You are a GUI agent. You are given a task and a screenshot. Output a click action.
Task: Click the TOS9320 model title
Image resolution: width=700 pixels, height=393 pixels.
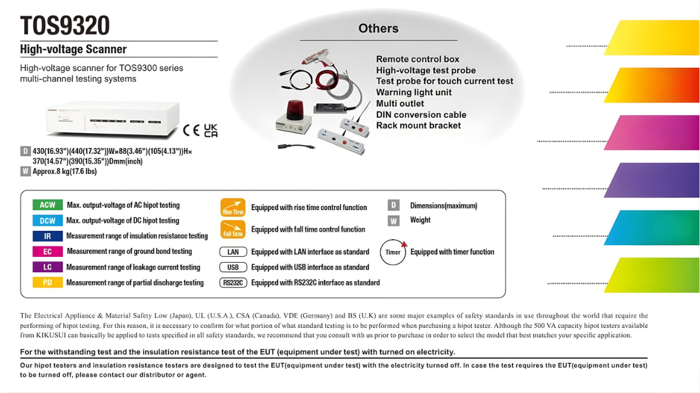point(65,26)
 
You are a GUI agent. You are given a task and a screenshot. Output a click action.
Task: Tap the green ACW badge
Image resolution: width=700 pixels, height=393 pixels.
point(47,205)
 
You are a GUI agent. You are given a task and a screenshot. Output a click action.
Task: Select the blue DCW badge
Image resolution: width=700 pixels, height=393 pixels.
point(47,221)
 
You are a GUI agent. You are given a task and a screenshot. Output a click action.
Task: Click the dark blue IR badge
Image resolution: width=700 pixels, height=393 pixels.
point(47,236)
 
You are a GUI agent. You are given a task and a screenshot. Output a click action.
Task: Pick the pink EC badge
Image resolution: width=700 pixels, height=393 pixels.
point(47,252)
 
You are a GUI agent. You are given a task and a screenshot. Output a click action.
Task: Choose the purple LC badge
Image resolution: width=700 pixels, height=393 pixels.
point(47,267)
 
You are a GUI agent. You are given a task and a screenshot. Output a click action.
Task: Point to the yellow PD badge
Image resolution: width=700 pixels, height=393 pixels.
point(47,282)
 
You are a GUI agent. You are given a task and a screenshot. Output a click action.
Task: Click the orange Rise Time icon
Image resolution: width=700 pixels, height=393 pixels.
point(232,207)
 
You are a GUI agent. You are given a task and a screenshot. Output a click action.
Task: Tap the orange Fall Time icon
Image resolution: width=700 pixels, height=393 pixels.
point(232,229)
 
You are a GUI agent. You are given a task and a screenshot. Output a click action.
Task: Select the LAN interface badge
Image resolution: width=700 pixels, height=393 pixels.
point(233,252)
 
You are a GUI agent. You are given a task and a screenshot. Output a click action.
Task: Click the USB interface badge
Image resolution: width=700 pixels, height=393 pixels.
point(233,267)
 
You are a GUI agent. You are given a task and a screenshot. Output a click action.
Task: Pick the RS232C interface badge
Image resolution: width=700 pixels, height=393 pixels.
point(233,282)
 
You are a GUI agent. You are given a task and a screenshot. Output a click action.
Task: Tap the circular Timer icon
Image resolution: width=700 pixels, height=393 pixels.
point(393,252)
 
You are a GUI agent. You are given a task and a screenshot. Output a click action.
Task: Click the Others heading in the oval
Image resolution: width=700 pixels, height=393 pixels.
point(378,28)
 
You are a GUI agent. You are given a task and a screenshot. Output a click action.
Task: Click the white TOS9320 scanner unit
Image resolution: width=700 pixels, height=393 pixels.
point(112,118)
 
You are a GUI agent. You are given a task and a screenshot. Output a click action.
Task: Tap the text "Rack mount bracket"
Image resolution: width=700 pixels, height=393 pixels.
point(419,125)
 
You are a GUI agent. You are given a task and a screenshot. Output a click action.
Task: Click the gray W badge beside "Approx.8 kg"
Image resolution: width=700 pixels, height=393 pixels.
point(25,172)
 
